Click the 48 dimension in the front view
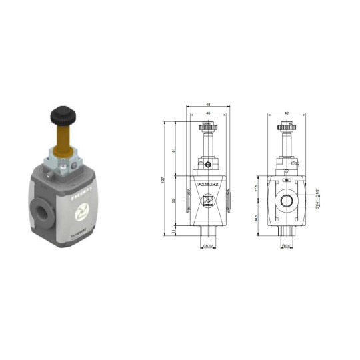[x=207, y=106]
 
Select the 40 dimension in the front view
[x=207, y=114]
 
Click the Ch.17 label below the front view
[x=208, y=247]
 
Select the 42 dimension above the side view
[x=287, y=114]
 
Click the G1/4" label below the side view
[x=287, y=247]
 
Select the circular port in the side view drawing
[x=287, y=201]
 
